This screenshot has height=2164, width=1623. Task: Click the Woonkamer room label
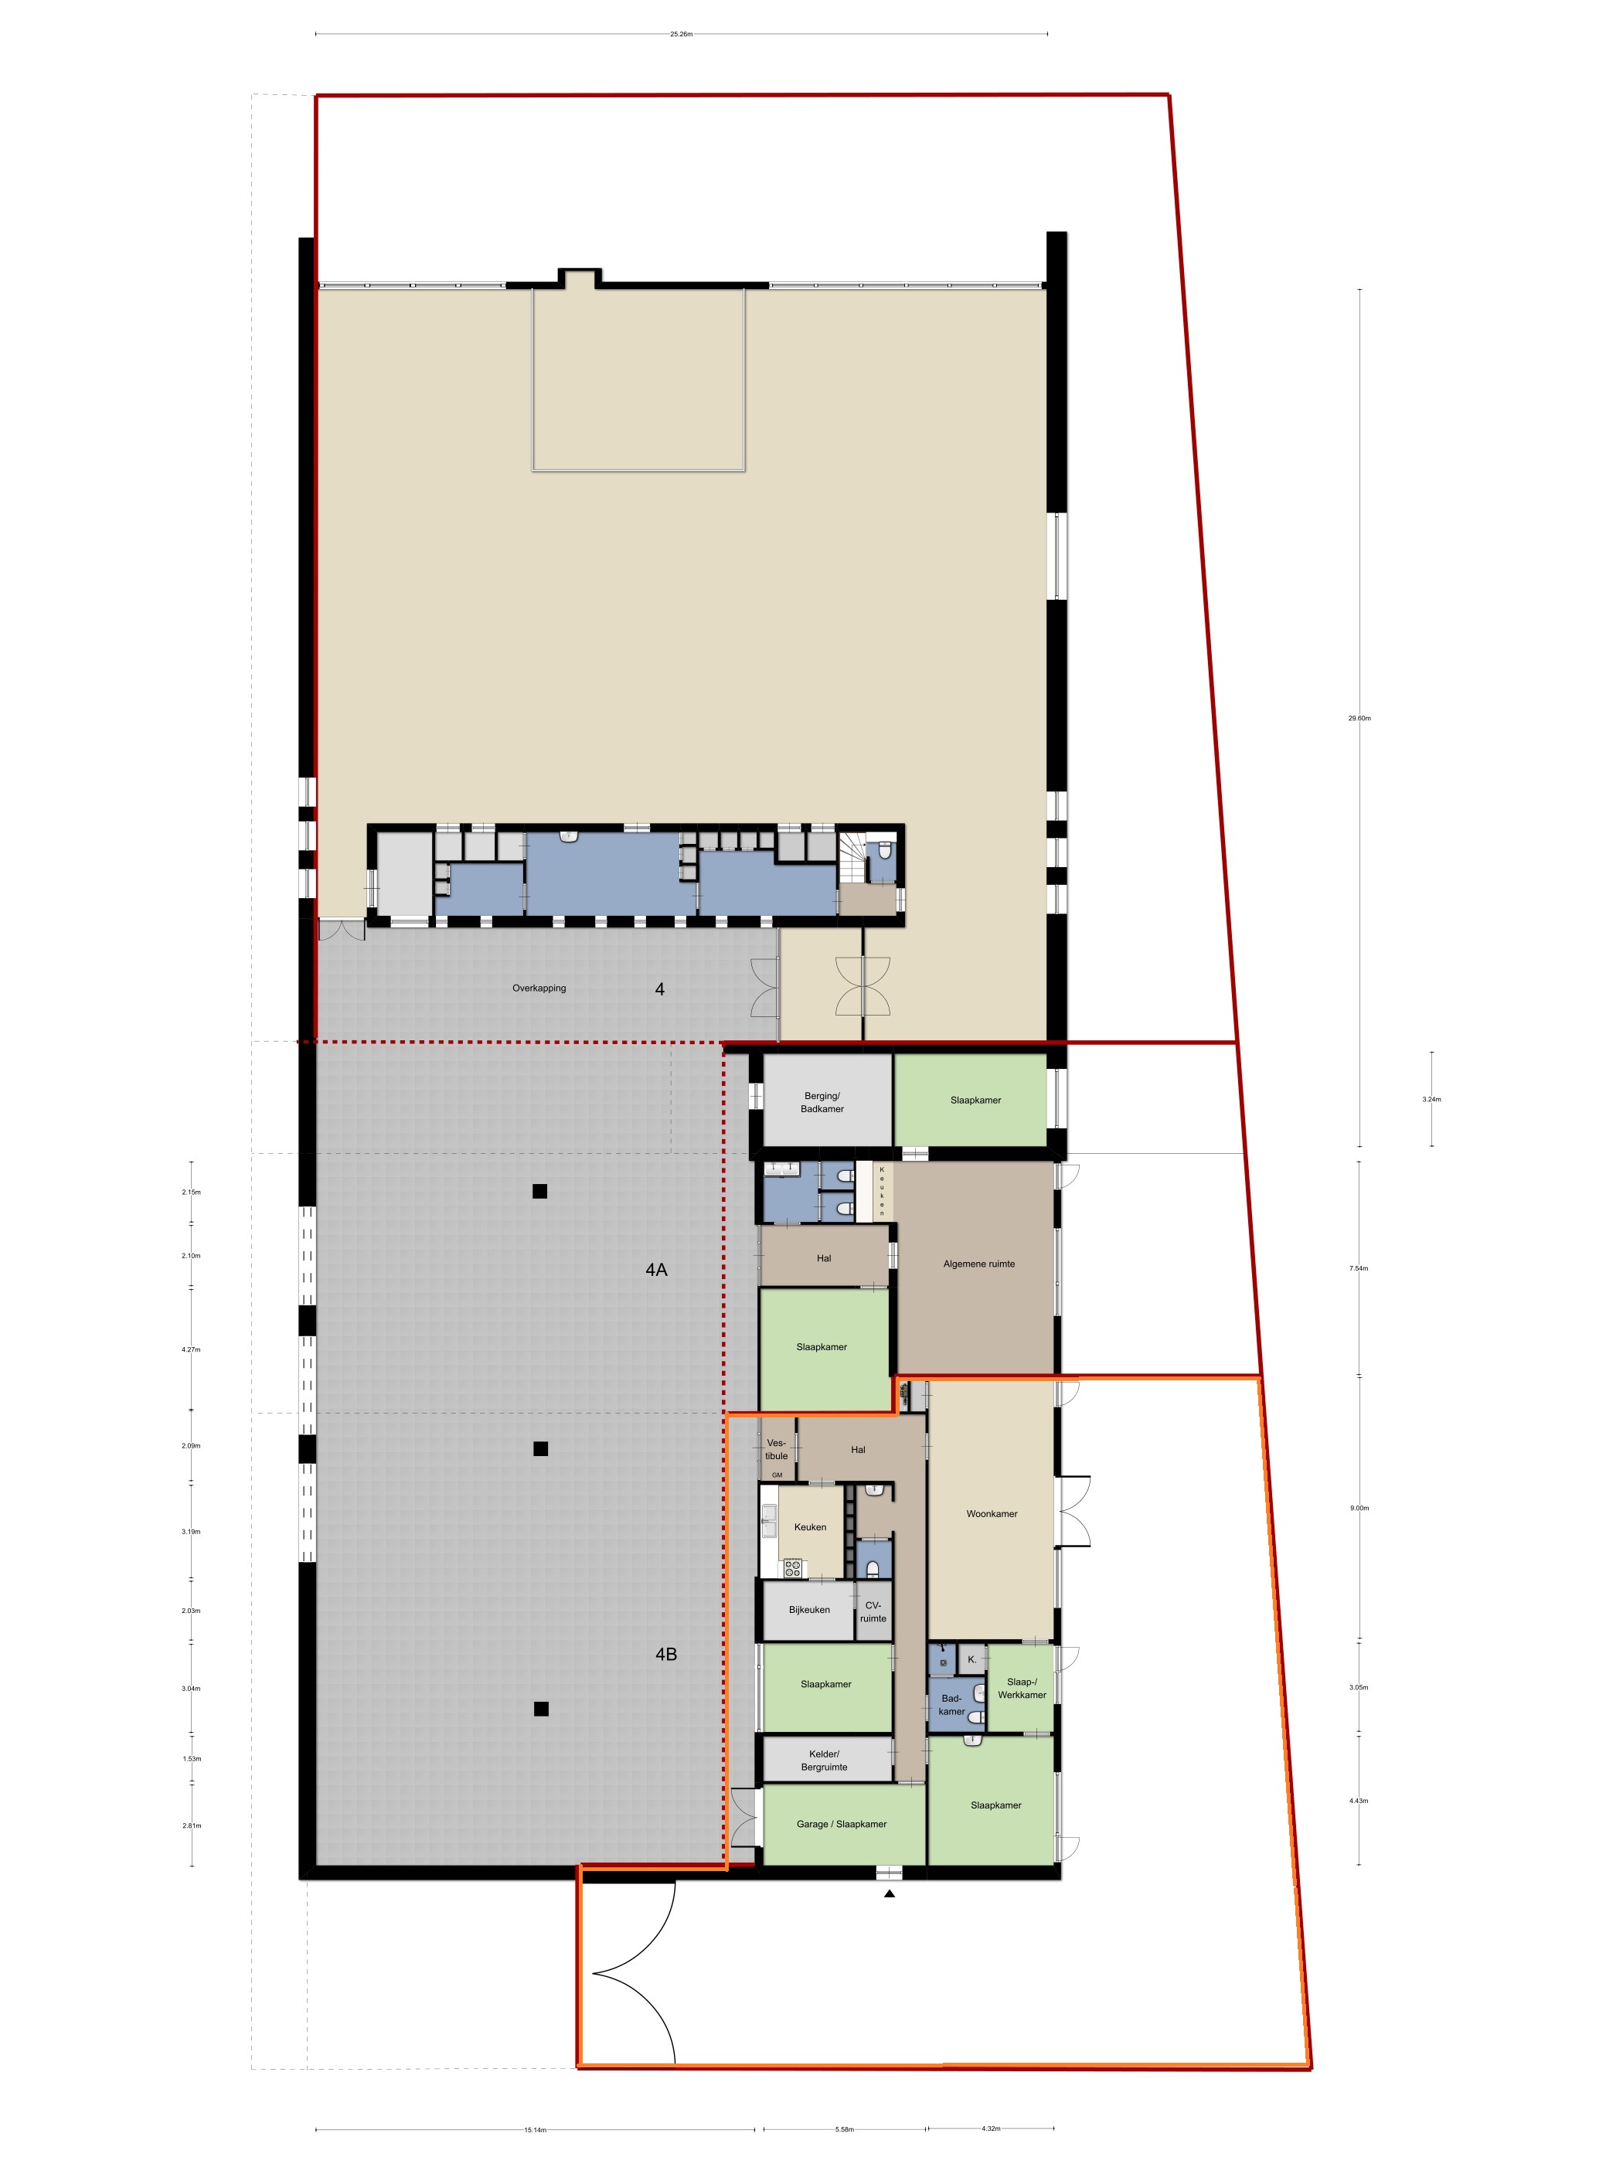click(x=991, y=1513)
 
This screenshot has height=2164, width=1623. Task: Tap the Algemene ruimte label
click(x=978, y=1264)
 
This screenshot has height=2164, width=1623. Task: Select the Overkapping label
click(x=539, y=988)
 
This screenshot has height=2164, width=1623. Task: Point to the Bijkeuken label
click(x=809, y=1609)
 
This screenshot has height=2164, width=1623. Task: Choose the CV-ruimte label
click(x=873, y=1611)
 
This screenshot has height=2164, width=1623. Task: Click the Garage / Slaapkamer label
click(x=842, y=1823)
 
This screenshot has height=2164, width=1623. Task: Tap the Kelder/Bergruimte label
click(x=824, y=1760)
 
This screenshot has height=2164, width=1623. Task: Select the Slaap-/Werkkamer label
click(x=1022, y=1688)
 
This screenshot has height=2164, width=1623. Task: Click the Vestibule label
click(x=776, y=1449)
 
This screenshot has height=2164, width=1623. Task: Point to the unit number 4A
click(x=655, y=1270)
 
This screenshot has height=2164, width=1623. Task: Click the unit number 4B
click(x=665, y=1655)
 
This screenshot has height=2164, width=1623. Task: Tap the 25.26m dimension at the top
click(x=681, y=33)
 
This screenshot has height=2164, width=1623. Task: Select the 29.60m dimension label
click(x=1359, y=718)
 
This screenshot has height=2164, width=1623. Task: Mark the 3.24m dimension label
click(x=1431, y=1099)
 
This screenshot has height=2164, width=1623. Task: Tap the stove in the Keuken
click(x=791, y=1567)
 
